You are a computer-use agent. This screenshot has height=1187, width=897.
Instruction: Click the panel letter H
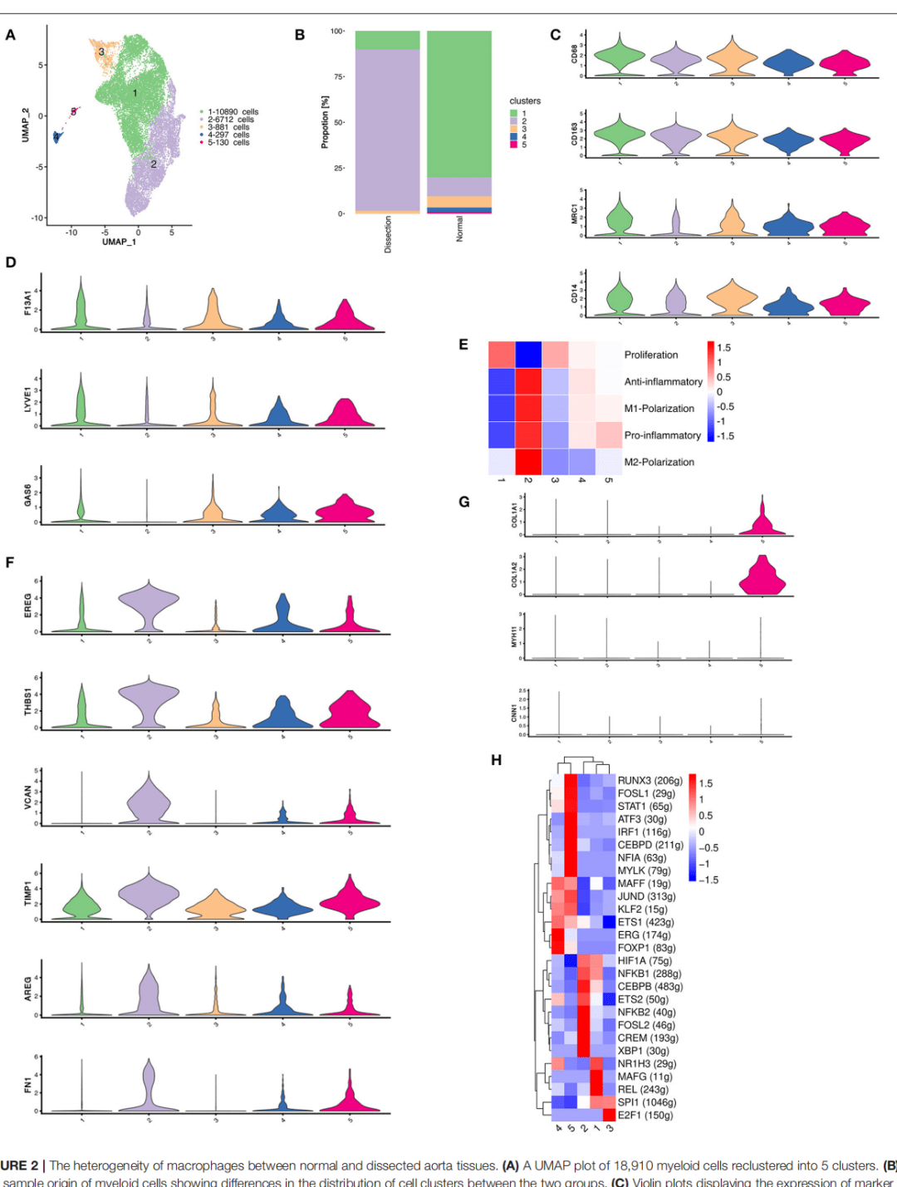click(497, 760)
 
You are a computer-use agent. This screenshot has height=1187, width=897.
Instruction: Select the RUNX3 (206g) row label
click(649, 781)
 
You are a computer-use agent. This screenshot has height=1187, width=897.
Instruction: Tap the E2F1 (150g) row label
click(645, 1116)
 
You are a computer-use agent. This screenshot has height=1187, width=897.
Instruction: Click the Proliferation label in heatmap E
click(651, 355)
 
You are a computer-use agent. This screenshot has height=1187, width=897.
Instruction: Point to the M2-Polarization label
click(659, 462)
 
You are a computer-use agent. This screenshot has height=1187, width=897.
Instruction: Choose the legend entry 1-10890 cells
click(233, 111)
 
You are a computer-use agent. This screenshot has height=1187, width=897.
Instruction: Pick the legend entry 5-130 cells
click(228, 143)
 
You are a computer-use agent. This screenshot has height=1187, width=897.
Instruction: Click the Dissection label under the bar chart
click(388, 234)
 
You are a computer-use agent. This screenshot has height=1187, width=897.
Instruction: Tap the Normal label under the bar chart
click(459, 229)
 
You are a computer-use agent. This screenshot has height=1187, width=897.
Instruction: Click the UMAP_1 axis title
click(119, 242)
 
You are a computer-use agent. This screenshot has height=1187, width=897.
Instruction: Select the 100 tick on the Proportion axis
click(336, 32)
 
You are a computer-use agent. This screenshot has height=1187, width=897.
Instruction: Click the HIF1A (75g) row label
click(645, 961)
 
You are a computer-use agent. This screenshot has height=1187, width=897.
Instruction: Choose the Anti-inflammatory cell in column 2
click(528, 381)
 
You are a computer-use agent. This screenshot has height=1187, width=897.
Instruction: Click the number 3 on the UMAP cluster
click(101, 52)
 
